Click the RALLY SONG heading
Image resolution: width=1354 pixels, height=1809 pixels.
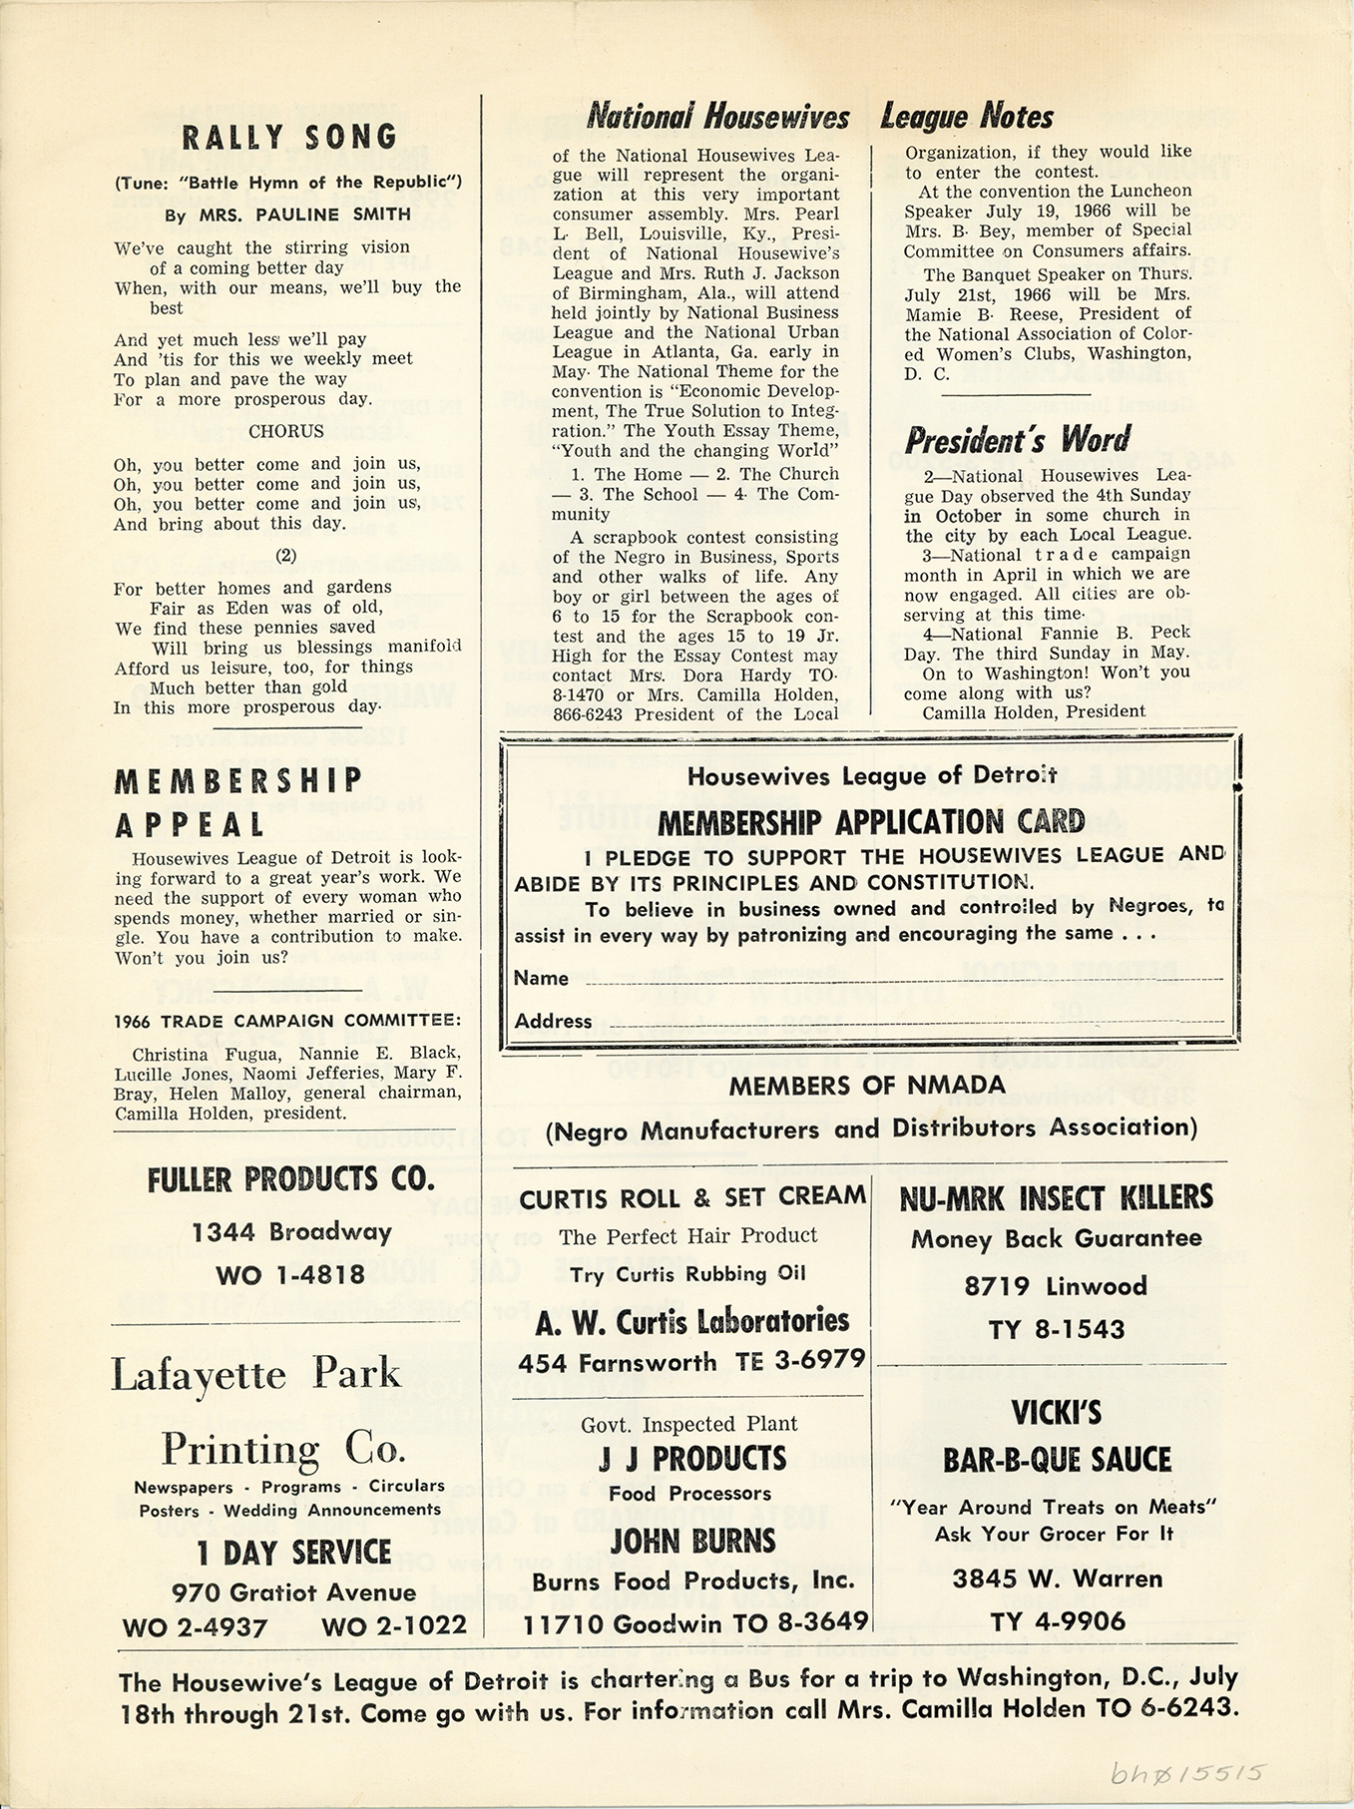[287, 137]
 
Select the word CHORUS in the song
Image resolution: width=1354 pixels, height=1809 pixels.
[286, 431]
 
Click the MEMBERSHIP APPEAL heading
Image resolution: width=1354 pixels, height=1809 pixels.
[238, 802]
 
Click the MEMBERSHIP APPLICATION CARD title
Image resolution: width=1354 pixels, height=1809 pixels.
[871, 822]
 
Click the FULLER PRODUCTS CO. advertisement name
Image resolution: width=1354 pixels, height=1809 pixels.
[290, 1180]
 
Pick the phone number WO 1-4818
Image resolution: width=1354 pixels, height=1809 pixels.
[290, 1274]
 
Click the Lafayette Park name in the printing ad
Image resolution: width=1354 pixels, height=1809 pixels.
[255, 1374]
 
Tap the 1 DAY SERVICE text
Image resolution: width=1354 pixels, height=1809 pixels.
[292, 1553]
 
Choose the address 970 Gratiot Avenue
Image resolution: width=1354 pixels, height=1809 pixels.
[293, 1592]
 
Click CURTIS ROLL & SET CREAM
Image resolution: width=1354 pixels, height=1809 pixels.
[692, 1195]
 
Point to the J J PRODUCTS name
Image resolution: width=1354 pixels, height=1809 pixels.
[692, 1459]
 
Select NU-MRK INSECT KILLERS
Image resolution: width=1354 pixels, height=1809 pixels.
[1056, 1196]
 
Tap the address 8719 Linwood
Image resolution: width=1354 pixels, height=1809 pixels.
[1055, 1286]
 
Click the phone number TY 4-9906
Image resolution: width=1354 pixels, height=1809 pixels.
[1057, 1622]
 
